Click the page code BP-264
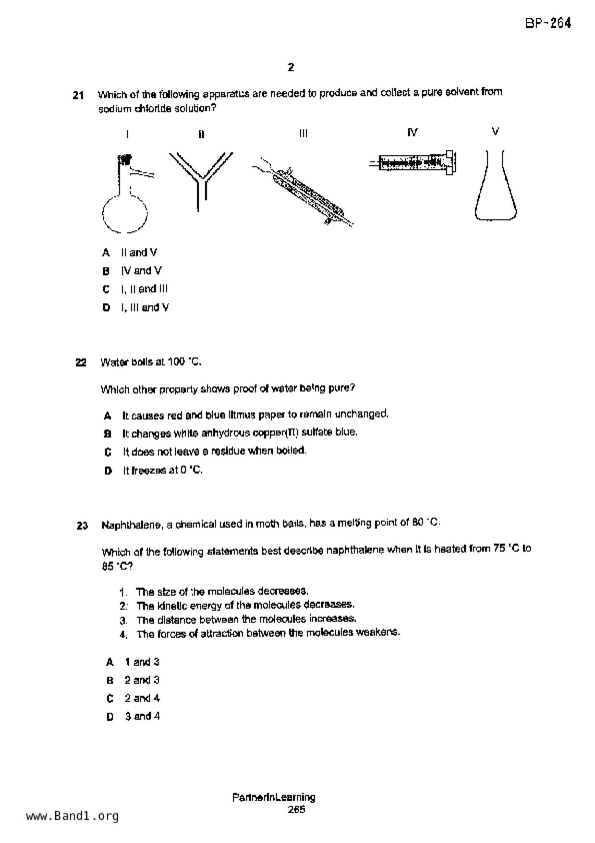point(548,24)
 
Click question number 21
point(78,95)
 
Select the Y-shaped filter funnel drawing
point(201,176)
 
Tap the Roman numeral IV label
point(412,132)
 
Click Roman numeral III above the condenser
point(303,133)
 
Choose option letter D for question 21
point(106,308)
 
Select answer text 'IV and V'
point(141,271)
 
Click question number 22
point(81,363)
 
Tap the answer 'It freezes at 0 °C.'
point(162,471)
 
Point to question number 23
point(82,526)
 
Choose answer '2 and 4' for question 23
point(142,698)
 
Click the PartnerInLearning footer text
point(274,798)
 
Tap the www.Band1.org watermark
point(73,816)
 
